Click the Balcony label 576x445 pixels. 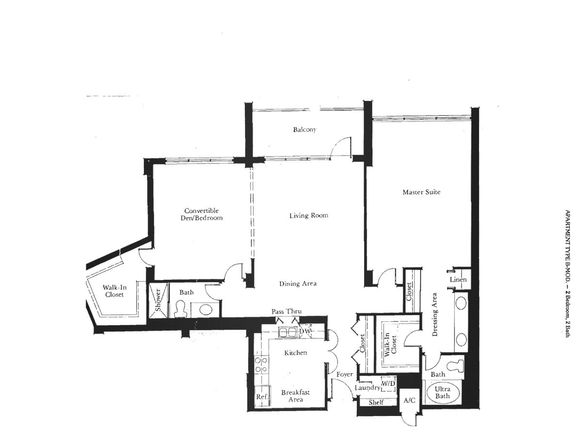(304, 129)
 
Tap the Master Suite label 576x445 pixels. (421, 192)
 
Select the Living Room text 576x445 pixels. (308, 216)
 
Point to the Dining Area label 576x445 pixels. (298, 284)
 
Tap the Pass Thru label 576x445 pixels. (287, 311)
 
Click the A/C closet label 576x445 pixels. (409, 400)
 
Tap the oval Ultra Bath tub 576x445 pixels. (443, 393)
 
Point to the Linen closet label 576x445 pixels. (458, 280)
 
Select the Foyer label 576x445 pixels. (345, 375)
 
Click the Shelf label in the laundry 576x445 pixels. (376, 402)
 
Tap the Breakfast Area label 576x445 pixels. (296, 396)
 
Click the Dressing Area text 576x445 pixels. (435, 314)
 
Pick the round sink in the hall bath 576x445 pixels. (206, 310)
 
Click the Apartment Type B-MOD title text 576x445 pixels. (567, 273)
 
